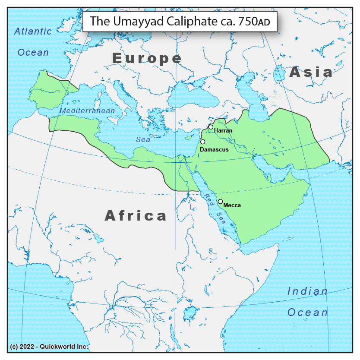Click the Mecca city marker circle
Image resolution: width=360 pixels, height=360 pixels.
[x=220, y=202]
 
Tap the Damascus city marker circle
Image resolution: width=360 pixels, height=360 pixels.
[x=202, y=142]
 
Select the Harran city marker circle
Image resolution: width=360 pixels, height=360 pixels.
[x=211, y=127]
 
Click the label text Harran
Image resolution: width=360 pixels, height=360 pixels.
[x=223, y=130]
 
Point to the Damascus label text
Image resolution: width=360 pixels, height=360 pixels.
[x=214, y=149]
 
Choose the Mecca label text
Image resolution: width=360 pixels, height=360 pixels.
[x=232, y=205]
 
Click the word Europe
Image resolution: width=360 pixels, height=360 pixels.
[x=147, y=58]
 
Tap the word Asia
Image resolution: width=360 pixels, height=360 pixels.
[x=311, y=72]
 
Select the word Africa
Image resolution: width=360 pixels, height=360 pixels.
[x=136, y=215]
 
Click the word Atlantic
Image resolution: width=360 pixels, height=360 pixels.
[x=33, y=31]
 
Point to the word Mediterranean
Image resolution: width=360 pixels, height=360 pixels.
[x=87, y=111]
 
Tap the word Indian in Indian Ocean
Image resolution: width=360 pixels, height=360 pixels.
[x=307, y=291]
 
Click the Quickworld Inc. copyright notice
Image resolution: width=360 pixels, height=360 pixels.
[x=49, y=347]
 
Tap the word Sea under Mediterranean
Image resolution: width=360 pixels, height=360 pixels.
[x=143, y=139]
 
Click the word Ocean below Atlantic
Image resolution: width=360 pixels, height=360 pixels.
[x=33, y=53]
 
